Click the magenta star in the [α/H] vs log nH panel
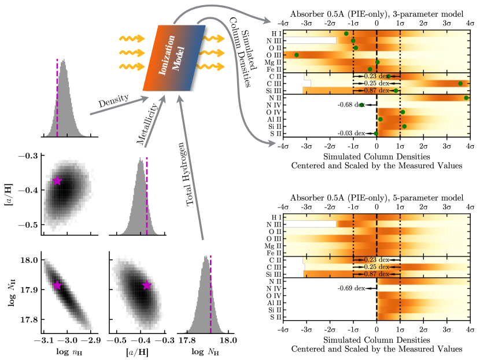point(57,181)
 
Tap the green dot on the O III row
point(297,55)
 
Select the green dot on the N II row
point(466,98)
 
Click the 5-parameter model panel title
point(376,198)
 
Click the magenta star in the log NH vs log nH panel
point(57,285)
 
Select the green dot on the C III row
point(460,83)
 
